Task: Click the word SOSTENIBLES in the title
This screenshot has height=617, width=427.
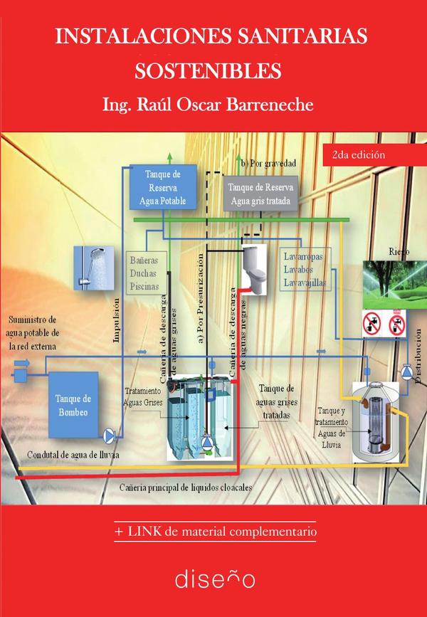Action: click(x=208, y=71)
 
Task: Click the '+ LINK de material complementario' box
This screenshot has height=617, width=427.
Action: click(x=214, y=531)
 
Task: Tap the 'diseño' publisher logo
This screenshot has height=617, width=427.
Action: click(x=214, y=577)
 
